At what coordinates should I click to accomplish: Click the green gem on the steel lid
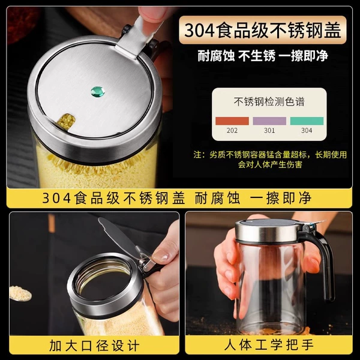pos(98,92)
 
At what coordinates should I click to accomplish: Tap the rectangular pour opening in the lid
pos(67,121)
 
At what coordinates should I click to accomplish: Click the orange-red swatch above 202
pos(232,121)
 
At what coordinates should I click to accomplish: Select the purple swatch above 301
pos(269,121)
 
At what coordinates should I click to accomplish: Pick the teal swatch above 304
pos(307,121)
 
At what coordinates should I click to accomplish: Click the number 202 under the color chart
pos(232,130)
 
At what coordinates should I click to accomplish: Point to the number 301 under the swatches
pos(269,130)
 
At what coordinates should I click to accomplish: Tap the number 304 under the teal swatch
pos(307,130)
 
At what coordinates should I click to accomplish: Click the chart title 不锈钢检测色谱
pos(269,101)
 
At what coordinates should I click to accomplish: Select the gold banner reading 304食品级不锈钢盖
pos(263,30)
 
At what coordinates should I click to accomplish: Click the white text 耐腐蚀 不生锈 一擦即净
pos(263,56)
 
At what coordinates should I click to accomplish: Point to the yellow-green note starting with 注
pos(270,160)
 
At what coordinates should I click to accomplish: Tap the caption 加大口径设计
pos(94,346)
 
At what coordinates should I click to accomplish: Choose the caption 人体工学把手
pos(269,345)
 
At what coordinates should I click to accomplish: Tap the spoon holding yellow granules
pos(20,293)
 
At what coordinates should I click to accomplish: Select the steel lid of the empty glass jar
pos(268,231)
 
